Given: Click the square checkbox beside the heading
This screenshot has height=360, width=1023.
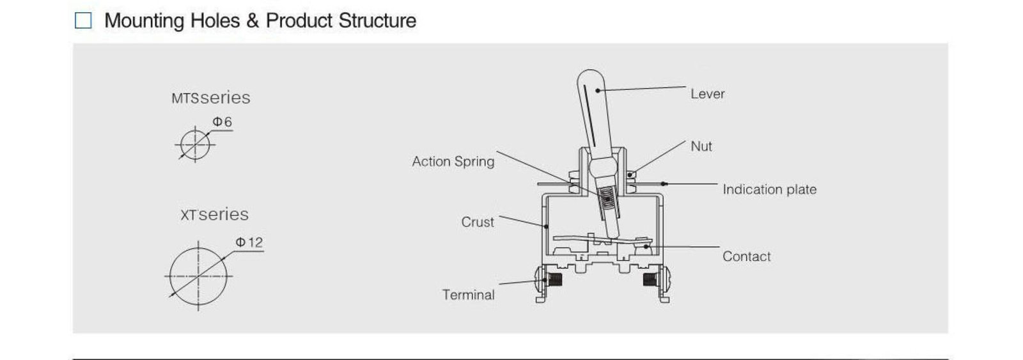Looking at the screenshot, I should click(x=83, y=20).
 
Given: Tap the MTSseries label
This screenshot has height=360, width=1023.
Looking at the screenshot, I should click(x=210, y=98).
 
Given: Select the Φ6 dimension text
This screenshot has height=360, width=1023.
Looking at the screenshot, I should click(x=222, y=121).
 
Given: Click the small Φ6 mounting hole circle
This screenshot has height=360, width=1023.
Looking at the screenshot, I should click(x=195, y=144).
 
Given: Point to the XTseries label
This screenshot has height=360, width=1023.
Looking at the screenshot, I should click(x=214, y=215).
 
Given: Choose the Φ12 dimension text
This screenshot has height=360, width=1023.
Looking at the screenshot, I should click(x=249, y=242).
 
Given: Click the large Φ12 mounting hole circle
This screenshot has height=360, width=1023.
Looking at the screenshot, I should click(x=198, y=276).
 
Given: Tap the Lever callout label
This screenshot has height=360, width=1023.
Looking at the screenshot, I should click(x=707, y=94).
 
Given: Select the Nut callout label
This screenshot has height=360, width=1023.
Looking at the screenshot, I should click(x=701, y=146).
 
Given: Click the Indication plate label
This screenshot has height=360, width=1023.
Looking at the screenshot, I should click(x=769, y=189).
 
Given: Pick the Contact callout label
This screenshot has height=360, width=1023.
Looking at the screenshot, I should click(x=746, y=256).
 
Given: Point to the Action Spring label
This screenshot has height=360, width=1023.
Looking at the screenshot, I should click(x=453, y=162).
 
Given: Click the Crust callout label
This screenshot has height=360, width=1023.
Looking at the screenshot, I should click(x=478, y=222).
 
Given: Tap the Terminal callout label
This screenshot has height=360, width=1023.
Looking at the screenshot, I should click(x=468, y=295).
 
